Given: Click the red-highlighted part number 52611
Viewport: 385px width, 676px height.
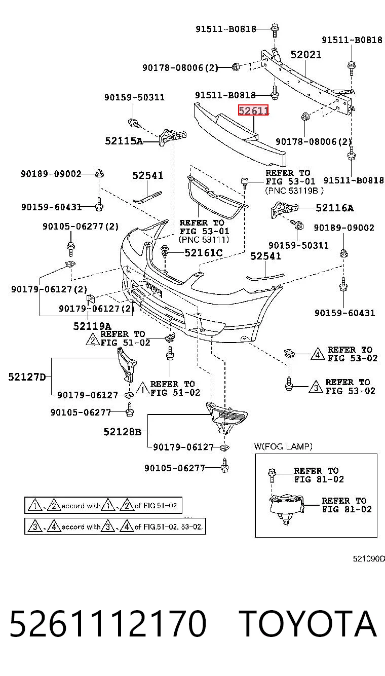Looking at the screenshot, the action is point(253,110).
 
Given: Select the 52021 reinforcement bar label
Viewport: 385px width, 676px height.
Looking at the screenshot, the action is point(305,55).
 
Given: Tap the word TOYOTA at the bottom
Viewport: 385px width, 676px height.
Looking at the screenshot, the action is point(307,623).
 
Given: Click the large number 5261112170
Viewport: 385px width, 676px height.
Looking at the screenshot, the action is point(108,623).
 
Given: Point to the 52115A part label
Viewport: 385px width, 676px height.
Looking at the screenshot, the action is point(124,141).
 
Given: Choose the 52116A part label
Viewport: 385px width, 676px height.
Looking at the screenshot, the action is point(335,208).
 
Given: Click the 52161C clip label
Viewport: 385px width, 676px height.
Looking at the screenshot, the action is point(204,252).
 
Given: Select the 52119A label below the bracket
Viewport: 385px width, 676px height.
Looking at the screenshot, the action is point(92,326).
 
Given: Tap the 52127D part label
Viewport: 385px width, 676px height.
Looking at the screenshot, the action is point(27,377).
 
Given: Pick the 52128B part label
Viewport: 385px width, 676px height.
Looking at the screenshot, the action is point(123,432).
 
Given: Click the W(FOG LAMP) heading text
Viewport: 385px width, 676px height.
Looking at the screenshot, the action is point(283,446).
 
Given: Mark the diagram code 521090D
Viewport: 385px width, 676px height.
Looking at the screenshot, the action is point(369,558).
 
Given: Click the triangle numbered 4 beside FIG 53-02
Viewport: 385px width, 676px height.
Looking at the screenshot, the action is point(318,354).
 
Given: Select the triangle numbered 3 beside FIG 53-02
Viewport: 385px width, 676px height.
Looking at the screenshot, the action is point(316,387).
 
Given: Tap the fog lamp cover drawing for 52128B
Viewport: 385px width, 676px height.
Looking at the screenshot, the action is point(226,417).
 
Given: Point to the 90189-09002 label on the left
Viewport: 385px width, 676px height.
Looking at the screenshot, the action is point(51,174).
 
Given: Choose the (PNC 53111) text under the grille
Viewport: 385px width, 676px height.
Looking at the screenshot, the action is point(204,240).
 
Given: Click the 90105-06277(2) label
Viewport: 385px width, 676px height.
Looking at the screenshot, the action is point(81,227).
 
